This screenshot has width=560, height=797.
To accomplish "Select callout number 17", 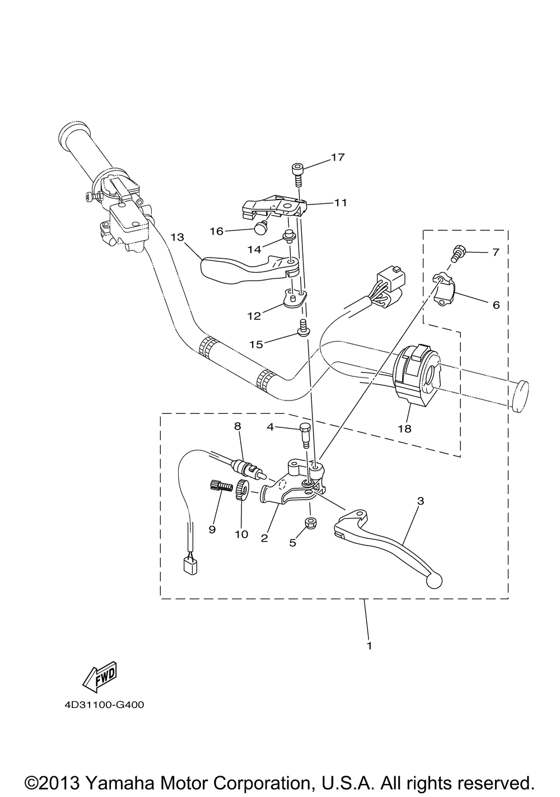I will click(338, 157).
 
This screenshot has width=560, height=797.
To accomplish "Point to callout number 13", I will click(177, 237).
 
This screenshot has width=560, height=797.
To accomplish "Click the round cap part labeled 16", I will click(259, 228).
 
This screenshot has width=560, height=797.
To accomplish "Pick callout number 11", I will click(340, 203).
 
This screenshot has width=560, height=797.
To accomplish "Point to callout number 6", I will click(496, 305).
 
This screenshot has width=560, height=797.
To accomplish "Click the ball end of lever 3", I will click(435, 581).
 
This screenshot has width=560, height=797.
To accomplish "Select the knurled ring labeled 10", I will click(242, 491).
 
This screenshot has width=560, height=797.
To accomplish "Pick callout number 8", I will click(237, 426).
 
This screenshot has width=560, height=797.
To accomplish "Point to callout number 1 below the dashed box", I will click(369, 645).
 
